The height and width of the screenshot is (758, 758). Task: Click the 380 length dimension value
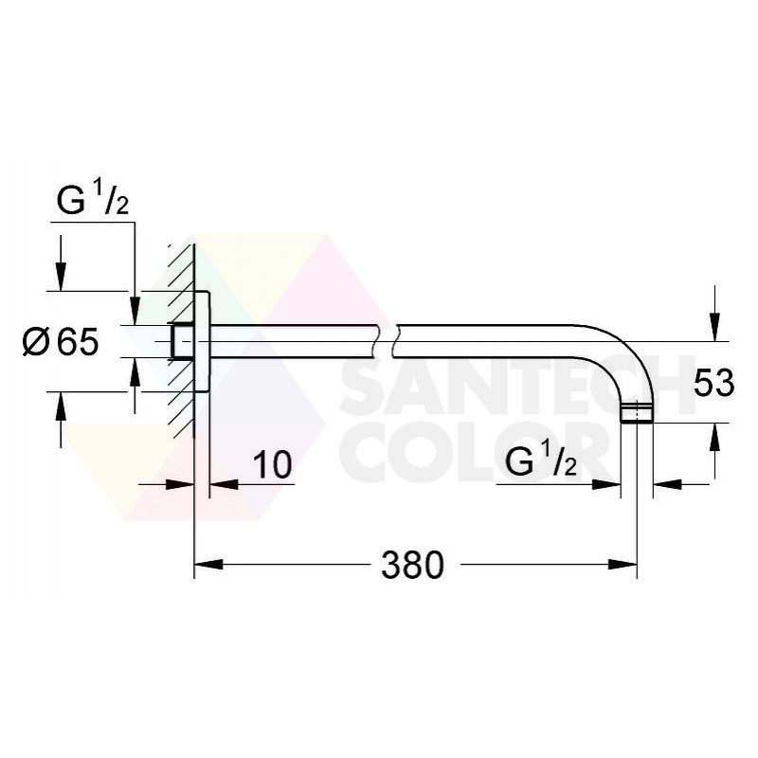tap(412, 565)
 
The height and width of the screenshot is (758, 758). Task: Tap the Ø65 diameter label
tap(60, 342)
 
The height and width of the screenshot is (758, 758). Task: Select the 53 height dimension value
tap(713, 383)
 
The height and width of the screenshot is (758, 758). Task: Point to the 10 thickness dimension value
tap(273, 464)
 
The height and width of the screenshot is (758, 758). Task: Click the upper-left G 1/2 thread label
tap(92, 201)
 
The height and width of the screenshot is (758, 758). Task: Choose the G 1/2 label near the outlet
tap(541, 460)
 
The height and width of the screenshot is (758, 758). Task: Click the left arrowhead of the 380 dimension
tap(208, 564)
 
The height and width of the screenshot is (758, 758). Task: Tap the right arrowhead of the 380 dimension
tap(623, 564)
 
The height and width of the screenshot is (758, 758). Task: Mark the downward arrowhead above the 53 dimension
tap(714, 327)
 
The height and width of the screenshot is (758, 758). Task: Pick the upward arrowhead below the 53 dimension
tap(714, 438)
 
